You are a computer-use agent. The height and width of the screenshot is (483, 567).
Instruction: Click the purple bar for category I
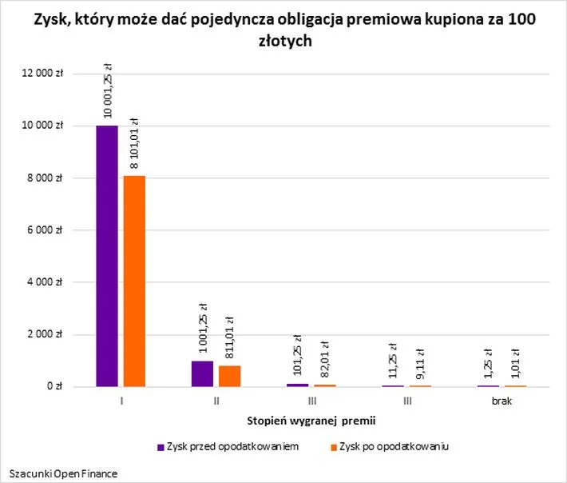107,256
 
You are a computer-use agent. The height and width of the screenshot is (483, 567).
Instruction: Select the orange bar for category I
133,281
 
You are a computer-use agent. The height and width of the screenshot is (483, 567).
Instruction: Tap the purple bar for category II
202,373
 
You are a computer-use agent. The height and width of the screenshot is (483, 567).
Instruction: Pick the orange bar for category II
229,376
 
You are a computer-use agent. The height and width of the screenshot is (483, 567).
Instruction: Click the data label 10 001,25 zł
108,90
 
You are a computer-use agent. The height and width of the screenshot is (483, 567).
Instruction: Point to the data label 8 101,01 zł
134,144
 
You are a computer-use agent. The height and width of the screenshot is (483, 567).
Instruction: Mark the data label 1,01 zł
517,364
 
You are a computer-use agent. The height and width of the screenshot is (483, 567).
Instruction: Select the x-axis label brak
502,401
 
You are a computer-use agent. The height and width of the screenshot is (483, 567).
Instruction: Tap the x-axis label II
216,401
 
